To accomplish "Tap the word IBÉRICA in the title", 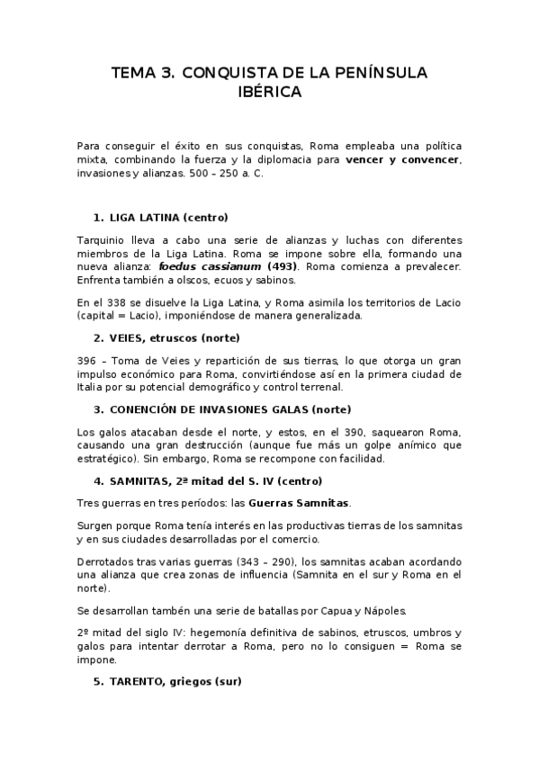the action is [x=269, y=93].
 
